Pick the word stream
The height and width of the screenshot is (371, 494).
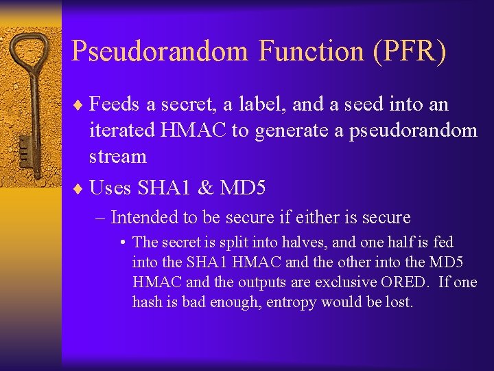(118, 157)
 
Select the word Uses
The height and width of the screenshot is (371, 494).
(112, 188)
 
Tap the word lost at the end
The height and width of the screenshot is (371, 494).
(399, 302)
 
